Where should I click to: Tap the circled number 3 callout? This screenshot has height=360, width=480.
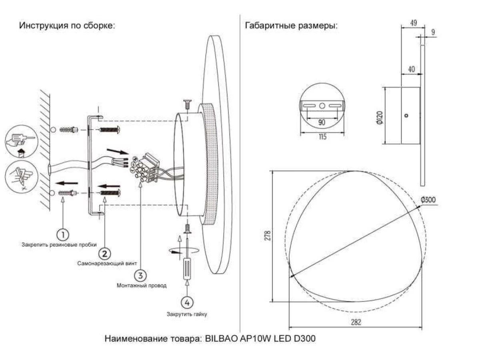pos(140,275)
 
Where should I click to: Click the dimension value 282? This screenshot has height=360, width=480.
pos(356,322)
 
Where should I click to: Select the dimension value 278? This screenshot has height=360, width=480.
pos(268,236)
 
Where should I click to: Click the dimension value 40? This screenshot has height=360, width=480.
pos(411,69)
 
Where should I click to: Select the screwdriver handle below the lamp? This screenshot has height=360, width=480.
pos(187,268)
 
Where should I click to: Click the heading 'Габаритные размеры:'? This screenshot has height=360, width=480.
pos(291,26)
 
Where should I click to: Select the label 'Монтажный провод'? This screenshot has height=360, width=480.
pos(141,286)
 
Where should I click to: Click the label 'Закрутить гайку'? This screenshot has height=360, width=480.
pos(187,314)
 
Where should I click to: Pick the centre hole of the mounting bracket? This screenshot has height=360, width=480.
pos(322,105)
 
